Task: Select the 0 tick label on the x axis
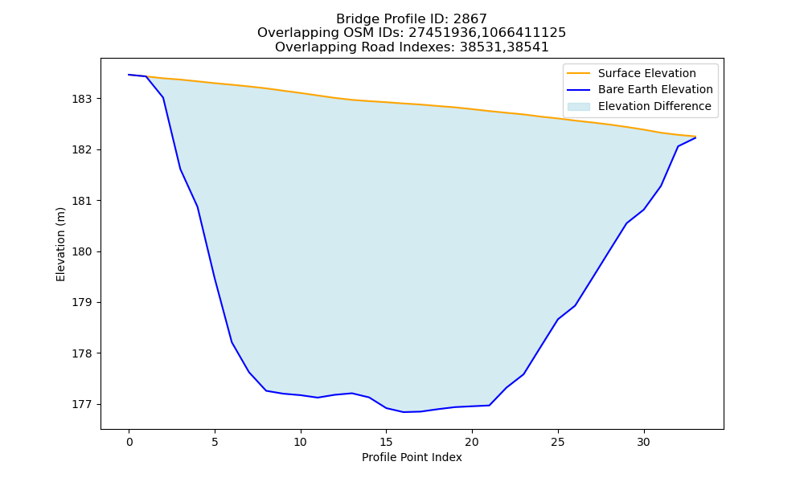[x=129, y=442]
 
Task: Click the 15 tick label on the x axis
[x=386, y=442]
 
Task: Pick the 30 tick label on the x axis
[x=643, y=442]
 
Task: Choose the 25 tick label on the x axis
[x=558, y=442]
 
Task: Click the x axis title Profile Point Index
[x=412, y=457]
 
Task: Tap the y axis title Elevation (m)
[x=60, y=244]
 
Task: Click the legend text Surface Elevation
[x=647, y=73]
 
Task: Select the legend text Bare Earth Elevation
[x=655, y=90]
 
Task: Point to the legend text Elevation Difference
[x=654, y=107]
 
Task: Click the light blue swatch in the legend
[x=579, y=107]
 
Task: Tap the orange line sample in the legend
[x=579, y=73]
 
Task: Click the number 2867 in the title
[x=470, y=19]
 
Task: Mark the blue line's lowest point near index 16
[x=404, y=412]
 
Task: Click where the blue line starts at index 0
[x=129, y=75]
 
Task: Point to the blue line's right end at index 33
[x=695, y=137]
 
